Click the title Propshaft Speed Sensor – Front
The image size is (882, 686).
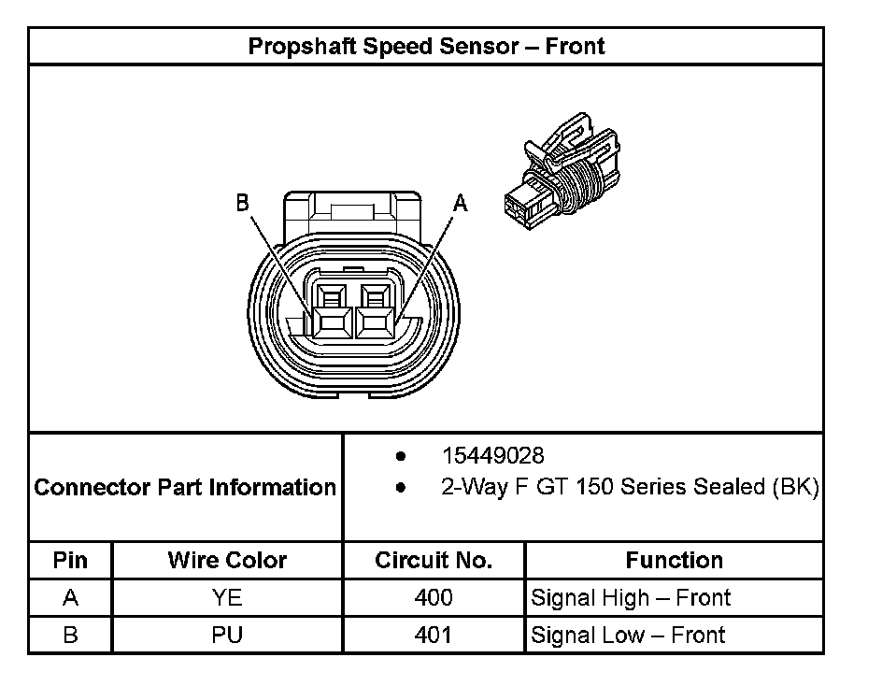(426, 46)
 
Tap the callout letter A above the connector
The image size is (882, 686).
(460, 201)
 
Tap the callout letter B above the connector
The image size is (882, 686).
(242, 203)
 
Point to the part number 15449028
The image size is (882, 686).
(492, 455)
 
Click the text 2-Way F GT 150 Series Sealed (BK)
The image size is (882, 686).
(631, 487)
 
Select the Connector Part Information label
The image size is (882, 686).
(185, 487)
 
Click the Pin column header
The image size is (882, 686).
(70, 560)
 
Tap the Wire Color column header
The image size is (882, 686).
(227, 560)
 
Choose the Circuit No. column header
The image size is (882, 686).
(434, 560)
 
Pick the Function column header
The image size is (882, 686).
(674, 560)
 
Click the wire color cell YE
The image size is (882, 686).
(227, 597)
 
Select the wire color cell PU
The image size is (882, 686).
(227, 635)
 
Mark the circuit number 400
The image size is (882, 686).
(434, 597)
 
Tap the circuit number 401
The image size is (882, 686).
(434, 635)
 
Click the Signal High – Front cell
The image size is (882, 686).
(631, 597)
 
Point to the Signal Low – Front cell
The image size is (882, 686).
(628, 635)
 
